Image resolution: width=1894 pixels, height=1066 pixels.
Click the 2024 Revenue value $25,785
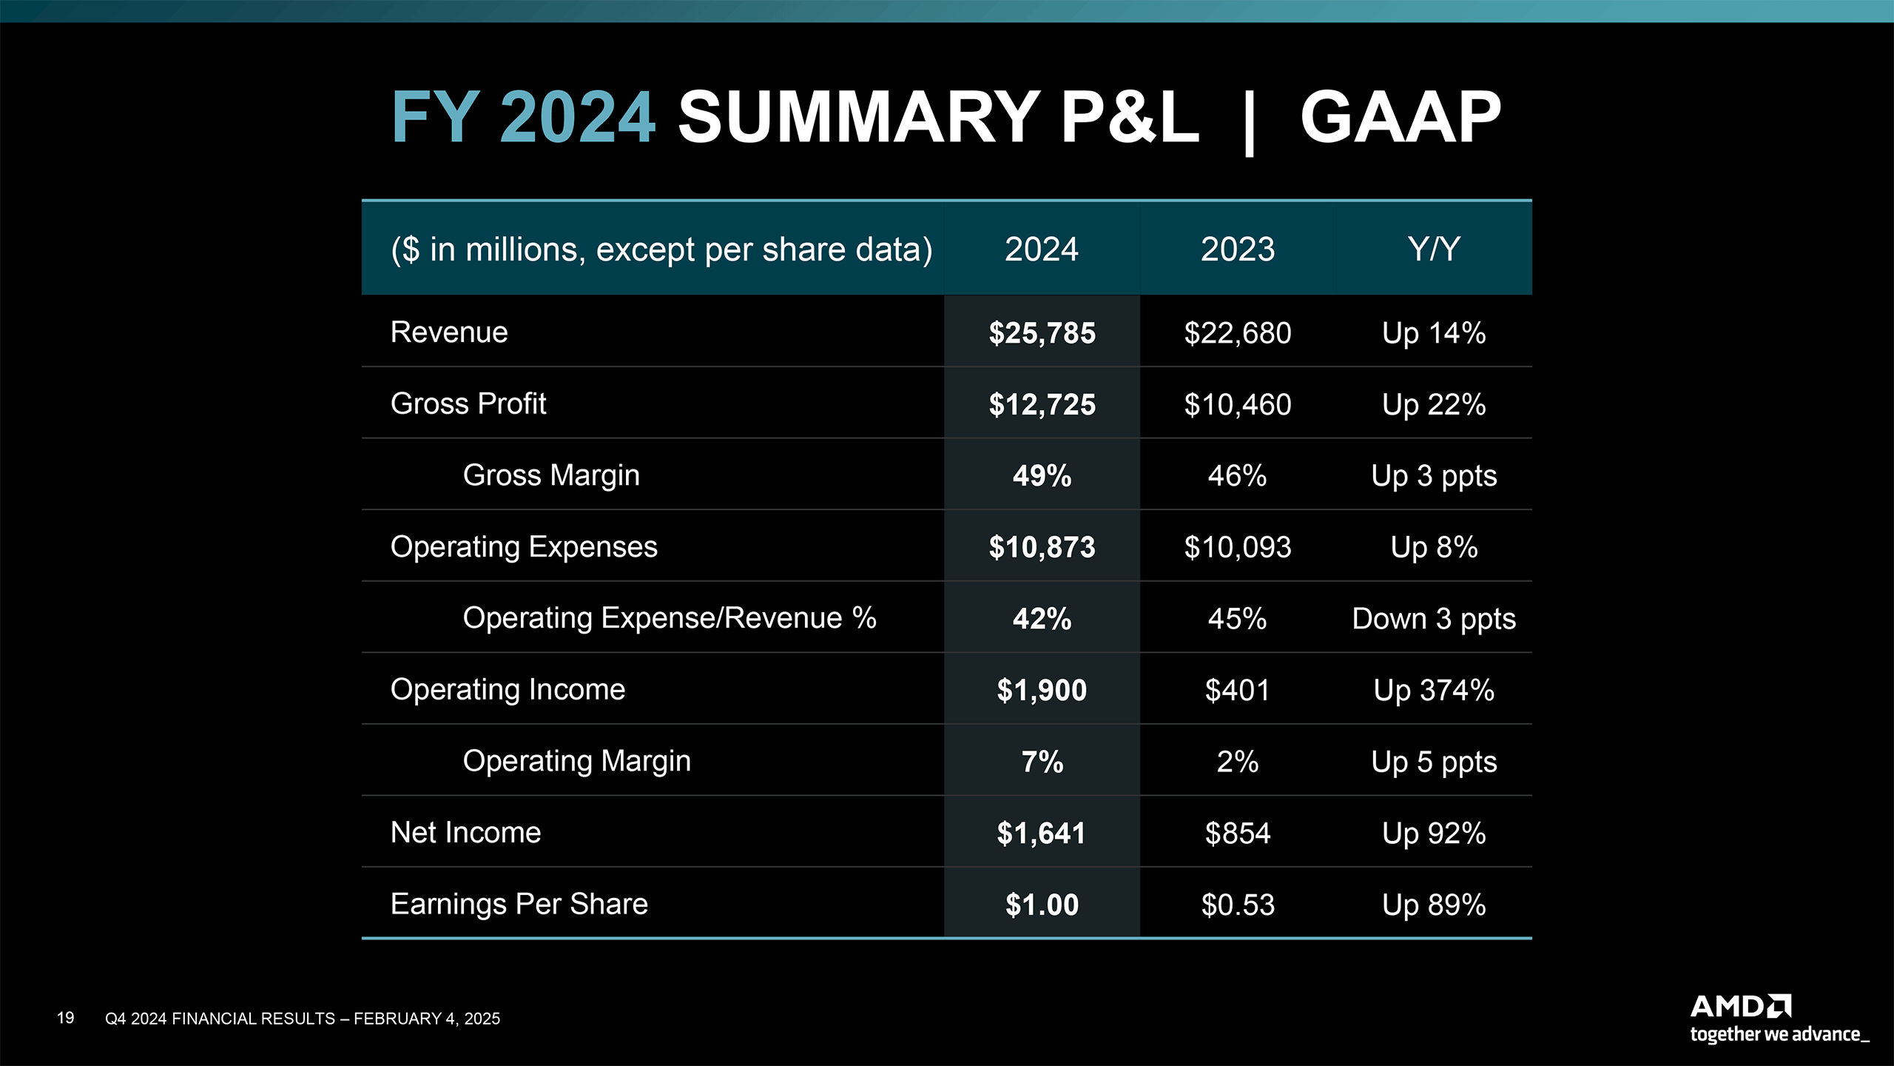tap(1042, 333)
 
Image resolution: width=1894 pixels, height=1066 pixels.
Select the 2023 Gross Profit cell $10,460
tap(1238, 405)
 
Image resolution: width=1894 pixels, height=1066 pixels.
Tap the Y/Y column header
tap(1434, 249)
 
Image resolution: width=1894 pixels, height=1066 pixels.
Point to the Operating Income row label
tap(508, 689)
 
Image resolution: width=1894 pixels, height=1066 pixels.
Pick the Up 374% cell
tap(1434, 690)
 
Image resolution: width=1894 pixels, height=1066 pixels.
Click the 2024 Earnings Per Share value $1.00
tap(1042, 905)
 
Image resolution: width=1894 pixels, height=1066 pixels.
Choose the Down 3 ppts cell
tap(1434, 619)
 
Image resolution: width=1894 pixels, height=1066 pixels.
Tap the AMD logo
tap(1741, 1007)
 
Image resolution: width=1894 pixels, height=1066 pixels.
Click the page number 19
tap(65, 1018)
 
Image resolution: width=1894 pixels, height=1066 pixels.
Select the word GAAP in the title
tap(1401, 117)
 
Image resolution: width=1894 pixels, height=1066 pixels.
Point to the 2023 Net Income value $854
tap(1238, 834)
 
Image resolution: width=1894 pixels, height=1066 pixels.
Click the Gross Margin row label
tap(551, 475)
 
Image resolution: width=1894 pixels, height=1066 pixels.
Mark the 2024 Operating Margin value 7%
tap(1042, 762)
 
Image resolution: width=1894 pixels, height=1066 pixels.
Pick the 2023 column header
tap(1238, 249)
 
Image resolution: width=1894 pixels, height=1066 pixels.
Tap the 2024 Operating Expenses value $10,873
tap(1042, 547)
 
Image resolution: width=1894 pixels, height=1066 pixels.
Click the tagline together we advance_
tap(1779, 1034)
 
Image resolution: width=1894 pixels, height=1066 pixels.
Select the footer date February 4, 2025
tap(427, 1019)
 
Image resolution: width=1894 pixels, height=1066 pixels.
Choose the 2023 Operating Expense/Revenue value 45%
tap(1238, 619)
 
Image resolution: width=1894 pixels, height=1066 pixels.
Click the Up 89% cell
tap(1434, 905)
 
